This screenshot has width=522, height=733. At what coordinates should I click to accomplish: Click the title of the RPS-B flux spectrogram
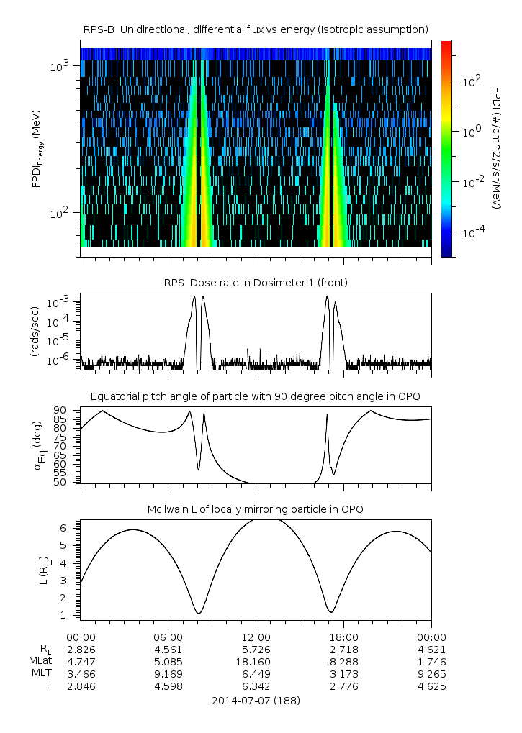tap(256, 28)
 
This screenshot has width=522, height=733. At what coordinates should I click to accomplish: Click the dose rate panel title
tap(256, 283)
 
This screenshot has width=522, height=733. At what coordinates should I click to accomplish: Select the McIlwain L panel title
tap(256, 509)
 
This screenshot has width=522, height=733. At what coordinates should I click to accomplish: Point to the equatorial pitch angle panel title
tap(256, 396)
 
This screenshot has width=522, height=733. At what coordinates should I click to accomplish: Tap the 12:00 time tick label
tap(256, 637)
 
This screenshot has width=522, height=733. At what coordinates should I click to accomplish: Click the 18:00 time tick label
tap(343, 637)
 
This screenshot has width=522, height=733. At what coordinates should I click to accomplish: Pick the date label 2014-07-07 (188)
tap(256, 700)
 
